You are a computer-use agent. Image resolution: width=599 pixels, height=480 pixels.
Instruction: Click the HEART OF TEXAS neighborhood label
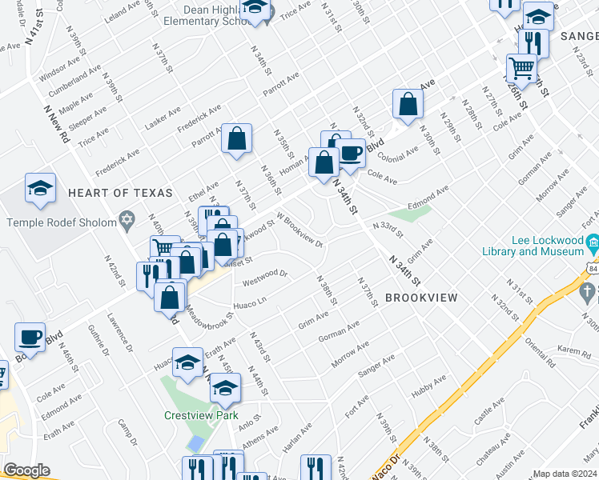point(120,193)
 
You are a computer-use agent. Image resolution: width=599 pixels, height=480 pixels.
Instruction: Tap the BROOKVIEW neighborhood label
point(421,298)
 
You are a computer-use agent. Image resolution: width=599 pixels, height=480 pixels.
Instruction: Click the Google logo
point(27,470)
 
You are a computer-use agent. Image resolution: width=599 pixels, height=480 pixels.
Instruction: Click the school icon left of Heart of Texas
point(40,189)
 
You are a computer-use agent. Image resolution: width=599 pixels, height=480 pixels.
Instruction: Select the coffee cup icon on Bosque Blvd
point(30,337)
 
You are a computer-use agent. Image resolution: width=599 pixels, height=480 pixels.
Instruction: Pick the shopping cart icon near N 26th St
point(521,68)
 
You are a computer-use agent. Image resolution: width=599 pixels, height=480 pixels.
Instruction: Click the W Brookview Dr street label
point(299,230)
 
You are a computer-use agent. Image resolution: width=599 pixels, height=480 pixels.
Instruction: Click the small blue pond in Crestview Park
point(194,442)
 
